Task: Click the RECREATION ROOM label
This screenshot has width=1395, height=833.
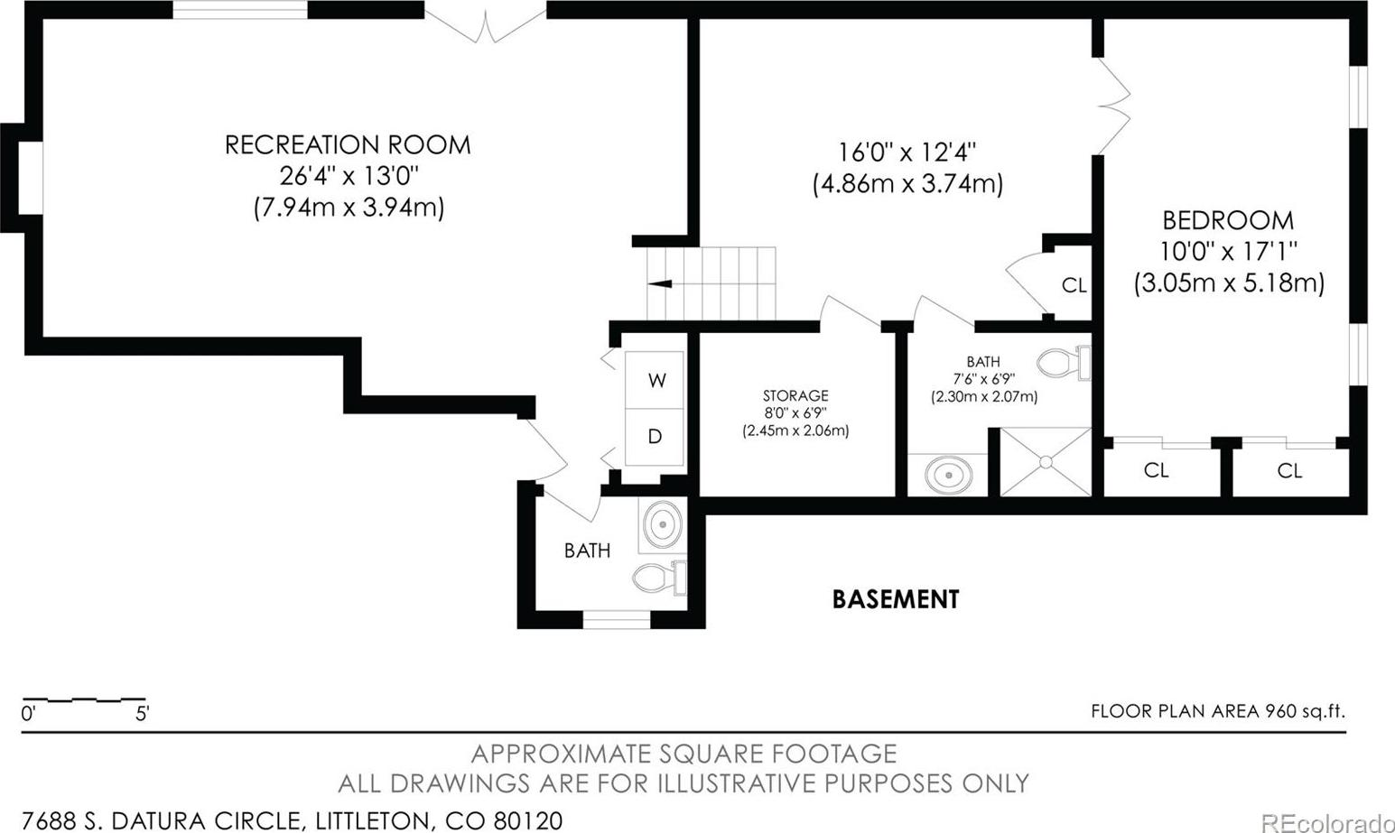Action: click(348, 145)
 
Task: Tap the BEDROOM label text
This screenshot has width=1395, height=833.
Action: click(1228, 220)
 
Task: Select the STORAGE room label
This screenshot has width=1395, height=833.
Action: click(795, 395)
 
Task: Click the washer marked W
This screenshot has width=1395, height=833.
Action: click(655, 380)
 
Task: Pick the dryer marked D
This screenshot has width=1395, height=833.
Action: click(655, 437)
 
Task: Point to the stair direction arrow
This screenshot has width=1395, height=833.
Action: click(659, 284)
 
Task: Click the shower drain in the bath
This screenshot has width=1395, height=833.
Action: click(1046, 462)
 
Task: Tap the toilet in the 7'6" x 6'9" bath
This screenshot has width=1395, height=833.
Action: click(1065, 362)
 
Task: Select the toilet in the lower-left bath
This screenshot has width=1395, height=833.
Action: click(659, 578)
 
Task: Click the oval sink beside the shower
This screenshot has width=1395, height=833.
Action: click(948, 475)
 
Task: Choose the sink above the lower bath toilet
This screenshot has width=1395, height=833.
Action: click(662, 524)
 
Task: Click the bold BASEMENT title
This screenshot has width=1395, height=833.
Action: click(896, 599)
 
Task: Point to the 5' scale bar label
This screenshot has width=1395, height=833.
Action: click(143, 714)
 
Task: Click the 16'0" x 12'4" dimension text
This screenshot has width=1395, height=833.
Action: click(907, 152)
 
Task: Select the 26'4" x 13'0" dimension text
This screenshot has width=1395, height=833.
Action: click(348, 176)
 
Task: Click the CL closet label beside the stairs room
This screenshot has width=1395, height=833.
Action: click(1074, 285)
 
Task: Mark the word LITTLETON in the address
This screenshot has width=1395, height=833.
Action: click(370, 820)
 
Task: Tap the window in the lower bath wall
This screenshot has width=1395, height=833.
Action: click(616, 620)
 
